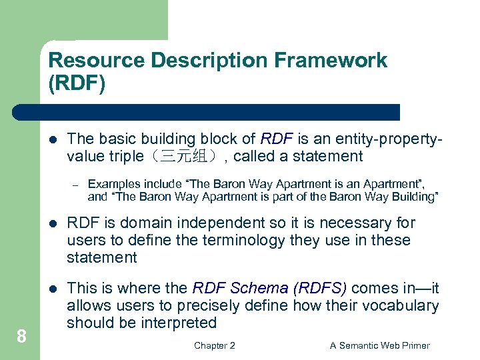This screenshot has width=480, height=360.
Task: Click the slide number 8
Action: pyautogui.click(x=21, y=337)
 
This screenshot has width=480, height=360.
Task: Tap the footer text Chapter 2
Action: pyautogui.click(x=214, y=345)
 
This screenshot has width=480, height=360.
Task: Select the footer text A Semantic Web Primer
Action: pyautogui.click(x=380, y=345)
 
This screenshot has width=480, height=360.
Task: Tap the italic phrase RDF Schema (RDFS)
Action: pyautogui.click(x=269, y=288)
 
